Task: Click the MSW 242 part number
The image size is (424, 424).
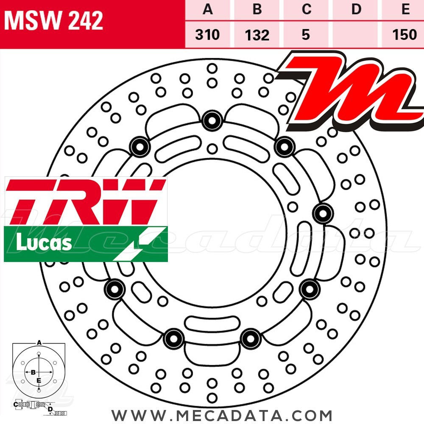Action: (x=54, y=20)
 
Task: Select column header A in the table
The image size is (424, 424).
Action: (x=208, y=9)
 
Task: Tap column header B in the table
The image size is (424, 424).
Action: (x=257, y=9)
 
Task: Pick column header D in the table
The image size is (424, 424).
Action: (x=357, y=9)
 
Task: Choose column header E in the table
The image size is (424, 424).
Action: (x=405, y=9)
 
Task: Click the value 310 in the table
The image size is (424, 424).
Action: (x=208, y=34)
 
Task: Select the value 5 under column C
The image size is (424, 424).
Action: (x=306, y=34)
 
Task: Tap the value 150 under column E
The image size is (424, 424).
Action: (x=405, y=34)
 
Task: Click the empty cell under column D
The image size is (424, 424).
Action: (x=357, y=34)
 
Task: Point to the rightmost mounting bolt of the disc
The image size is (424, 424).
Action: (x=324, y=213)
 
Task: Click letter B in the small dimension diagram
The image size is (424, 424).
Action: (x=33, y=372)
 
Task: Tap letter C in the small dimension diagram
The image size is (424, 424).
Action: (x=15, y=404)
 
